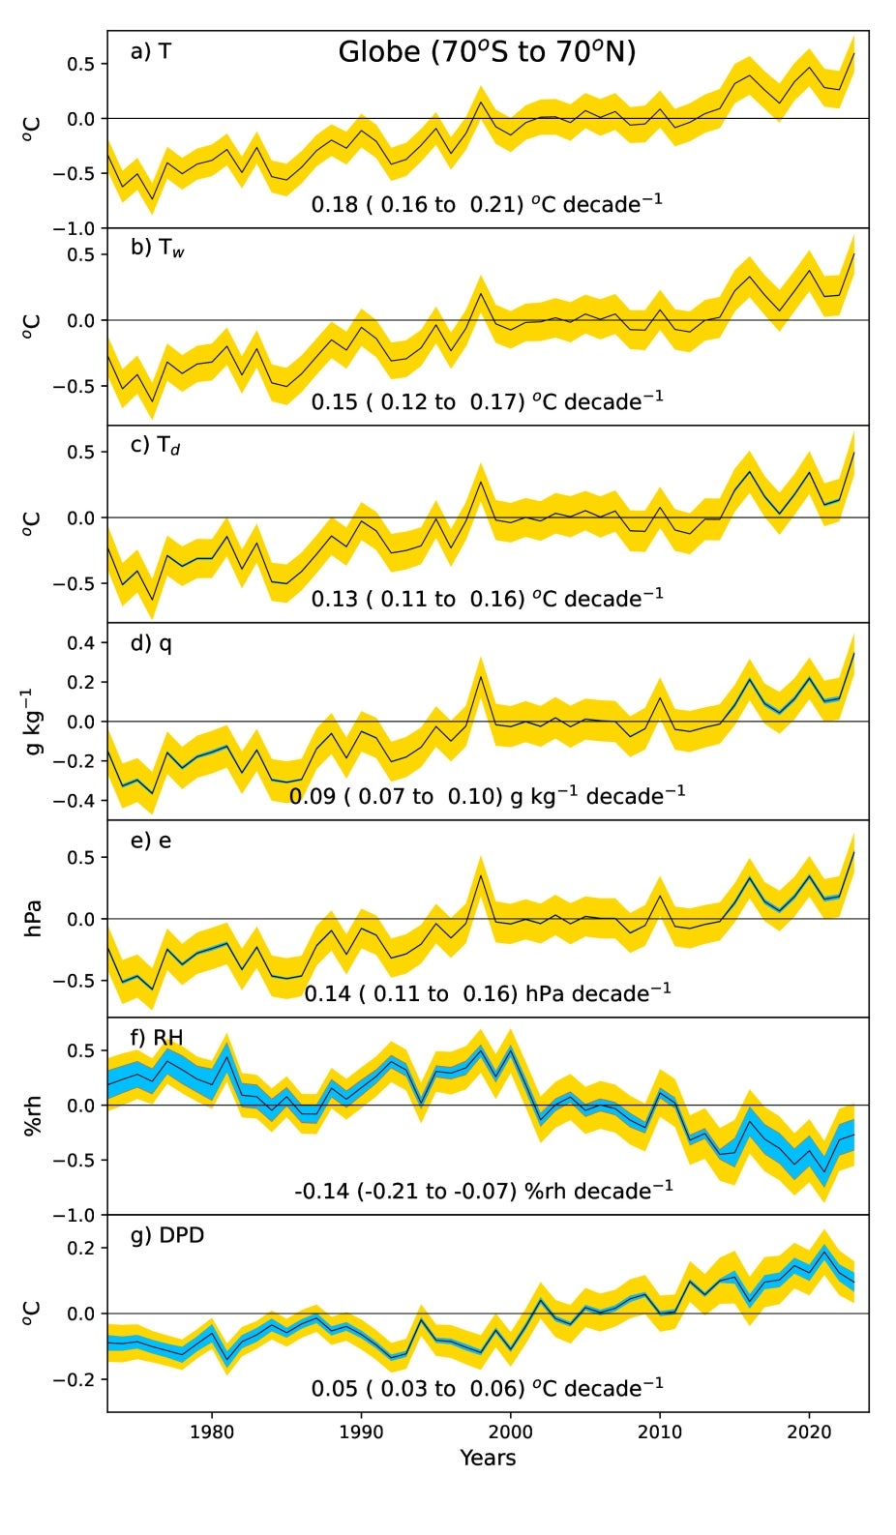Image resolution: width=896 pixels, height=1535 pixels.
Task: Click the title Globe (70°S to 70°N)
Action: click(x=487, y=52)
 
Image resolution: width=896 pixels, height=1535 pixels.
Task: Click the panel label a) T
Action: click(x=150, y=51)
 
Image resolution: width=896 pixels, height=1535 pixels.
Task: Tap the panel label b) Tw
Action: click(x=157, y=248)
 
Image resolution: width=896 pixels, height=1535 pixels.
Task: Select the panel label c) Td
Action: click(x=155, y=445)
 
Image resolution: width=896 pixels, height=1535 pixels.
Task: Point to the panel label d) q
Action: click(x=151, y=643)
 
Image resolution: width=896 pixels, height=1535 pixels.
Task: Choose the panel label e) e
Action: click(x=150, y=841)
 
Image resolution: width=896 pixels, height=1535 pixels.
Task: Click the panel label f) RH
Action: click(x=156, y=1038)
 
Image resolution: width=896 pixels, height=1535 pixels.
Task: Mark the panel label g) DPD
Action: click(x=166, y=1235)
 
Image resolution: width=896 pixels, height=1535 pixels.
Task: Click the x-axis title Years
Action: click(x=488, y=1458)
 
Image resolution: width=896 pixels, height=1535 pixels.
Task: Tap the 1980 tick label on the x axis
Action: click(x=212, y=1432)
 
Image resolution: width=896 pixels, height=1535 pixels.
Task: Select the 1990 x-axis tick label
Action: click(x=361, y=1432)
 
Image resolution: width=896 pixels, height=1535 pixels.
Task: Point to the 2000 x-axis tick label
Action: click(x=510, y=1432)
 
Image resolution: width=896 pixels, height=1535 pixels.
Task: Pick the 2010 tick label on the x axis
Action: click(x=660, y=1432)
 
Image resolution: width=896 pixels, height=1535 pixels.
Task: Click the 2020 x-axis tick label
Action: click(x=809, y=1432)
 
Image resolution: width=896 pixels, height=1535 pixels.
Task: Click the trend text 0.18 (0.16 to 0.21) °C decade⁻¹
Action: click(x=487, y=204)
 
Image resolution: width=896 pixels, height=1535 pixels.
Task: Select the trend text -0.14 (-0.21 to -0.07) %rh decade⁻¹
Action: click(x=484, y=1190)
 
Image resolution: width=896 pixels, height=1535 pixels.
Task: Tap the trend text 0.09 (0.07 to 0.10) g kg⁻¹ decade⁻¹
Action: click(x=487, y=796)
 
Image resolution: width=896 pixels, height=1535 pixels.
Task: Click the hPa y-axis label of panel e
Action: click(x=33, y=918)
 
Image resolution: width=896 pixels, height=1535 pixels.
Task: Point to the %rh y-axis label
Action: click(x=33, y=1114)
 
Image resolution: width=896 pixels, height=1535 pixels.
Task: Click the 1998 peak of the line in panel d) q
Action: click(x=481, y=675)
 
